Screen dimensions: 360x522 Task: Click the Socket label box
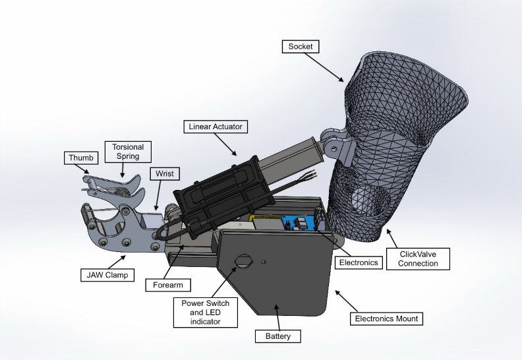pos(300,47)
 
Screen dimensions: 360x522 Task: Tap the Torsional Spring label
pos(128,151)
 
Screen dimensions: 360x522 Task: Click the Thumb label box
pos(81,158)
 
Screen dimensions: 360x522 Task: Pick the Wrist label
pos(163,173)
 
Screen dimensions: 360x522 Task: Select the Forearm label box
pos(168,285)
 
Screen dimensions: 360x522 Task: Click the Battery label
pos(278,336)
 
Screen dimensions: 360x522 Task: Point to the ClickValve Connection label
pos(419,259)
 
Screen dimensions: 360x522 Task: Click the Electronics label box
pos(358,262)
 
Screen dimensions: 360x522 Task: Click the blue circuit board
pos(300,222)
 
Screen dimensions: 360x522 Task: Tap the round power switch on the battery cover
pos(243,261)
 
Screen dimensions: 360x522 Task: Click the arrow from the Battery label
pos(275,317)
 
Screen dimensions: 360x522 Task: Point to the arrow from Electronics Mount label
pos(346,300)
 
